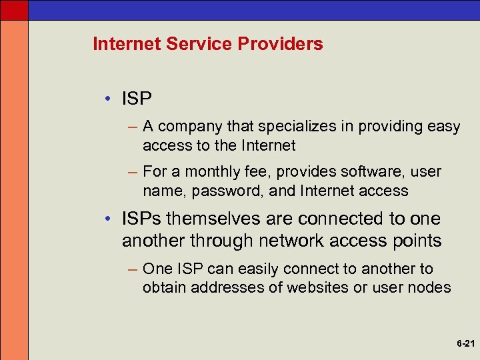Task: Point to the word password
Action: click(x=218, y=191)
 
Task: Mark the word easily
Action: click(x=253, y=269)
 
